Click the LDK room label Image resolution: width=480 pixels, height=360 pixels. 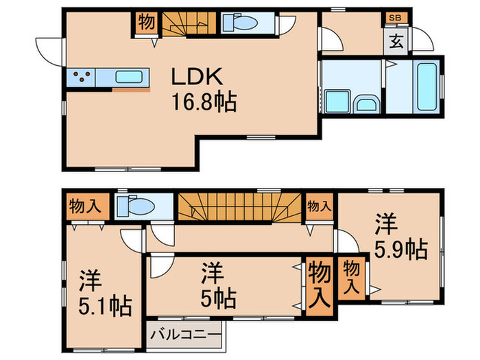pos(197,76)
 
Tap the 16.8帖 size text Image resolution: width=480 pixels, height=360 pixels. pos(204,102)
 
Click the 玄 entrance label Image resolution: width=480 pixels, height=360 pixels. pos(396,41)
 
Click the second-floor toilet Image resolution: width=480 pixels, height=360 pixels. pos(136,206)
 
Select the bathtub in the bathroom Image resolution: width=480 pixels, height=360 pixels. pos(427,86)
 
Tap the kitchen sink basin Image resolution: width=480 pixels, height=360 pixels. pos(129,77)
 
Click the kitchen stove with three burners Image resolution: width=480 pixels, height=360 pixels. pos(82,77)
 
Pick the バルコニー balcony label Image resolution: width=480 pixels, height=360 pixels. pos(185,335)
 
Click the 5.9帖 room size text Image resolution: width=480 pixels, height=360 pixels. pos(400,250)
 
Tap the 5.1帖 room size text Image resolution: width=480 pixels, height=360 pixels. pos(106,306)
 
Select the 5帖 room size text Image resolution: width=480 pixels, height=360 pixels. pos(218,298)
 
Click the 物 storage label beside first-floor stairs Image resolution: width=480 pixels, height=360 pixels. pos(146,22)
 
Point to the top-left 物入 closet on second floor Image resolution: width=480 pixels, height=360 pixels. pos(85,206)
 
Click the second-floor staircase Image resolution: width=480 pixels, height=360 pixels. pos(240,206)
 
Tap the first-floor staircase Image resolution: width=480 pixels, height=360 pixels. pos(189,23)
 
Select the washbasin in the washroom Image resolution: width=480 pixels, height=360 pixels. pos(367,104)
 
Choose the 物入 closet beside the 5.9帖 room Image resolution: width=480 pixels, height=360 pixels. pos(351,278)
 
